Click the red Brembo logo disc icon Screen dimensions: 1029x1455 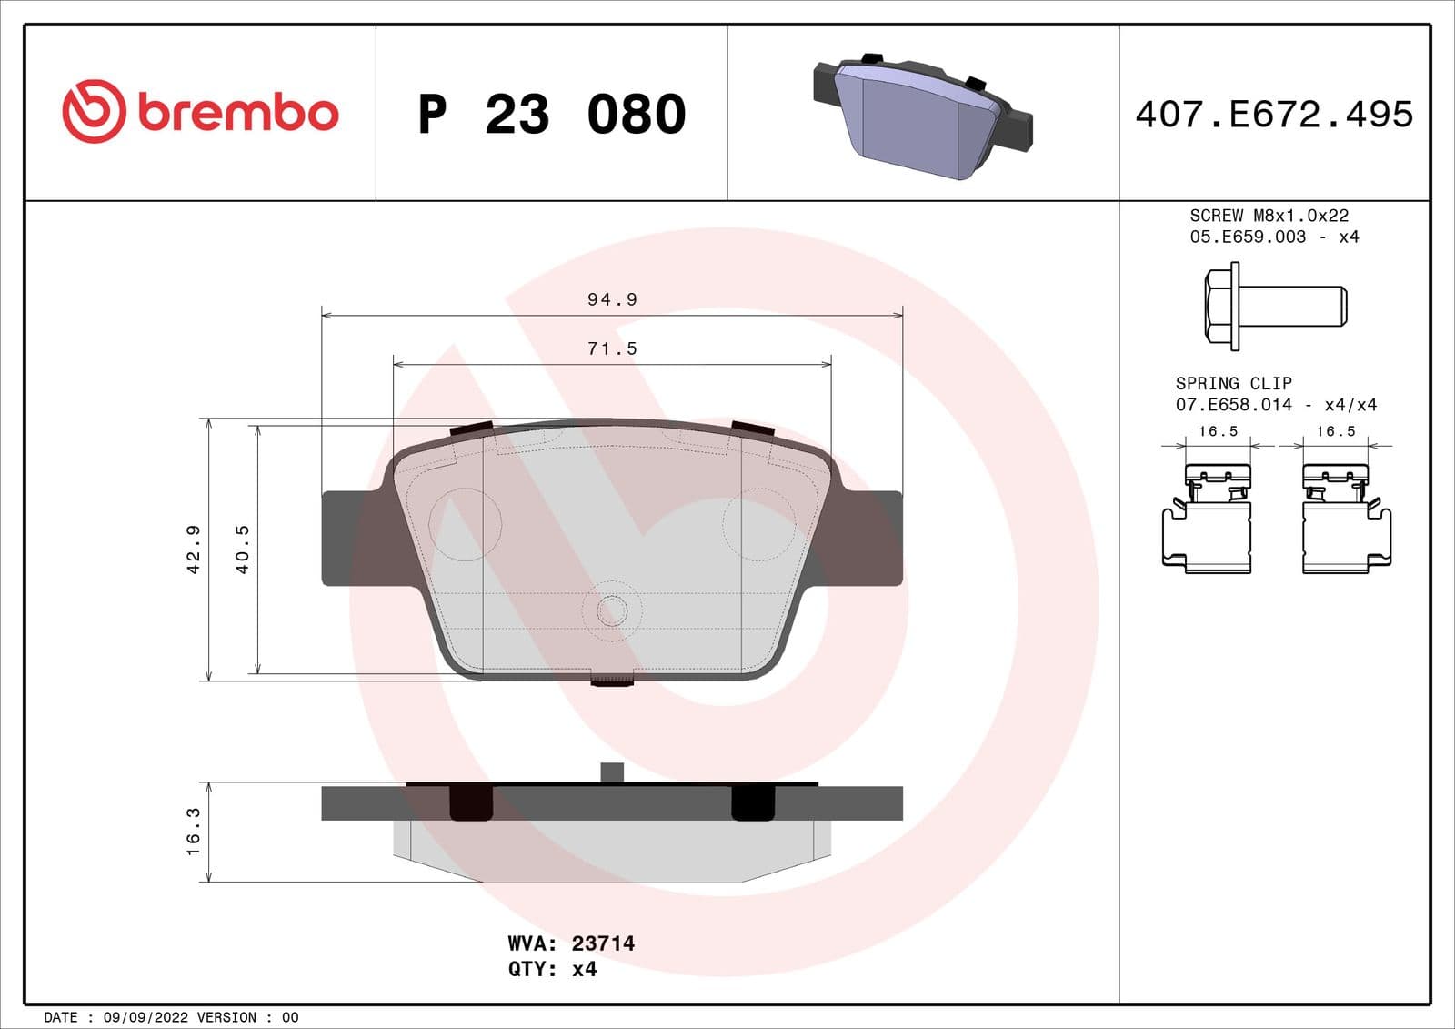pyautogui.click(x=93, y=111)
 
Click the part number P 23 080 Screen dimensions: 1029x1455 pyautogui.click(x=551, y=115)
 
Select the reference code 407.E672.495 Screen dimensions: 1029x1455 pyautogui.click(x=1273, y=115)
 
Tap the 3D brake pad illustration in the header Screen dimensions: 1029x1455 pyautogui.click(x=922, y=115)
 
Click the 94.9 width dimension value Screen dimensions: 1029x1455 pyautogui.click(x=612, y=299)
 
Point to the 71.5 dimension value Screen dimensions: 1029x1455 pyautogui.click(x=612, y=348)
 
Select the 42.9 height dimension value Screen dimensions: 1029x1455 pyautogui.click(x=193, y=550)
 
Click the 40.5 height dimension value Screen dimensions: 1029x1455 pyautogui.click(x=242, y=550)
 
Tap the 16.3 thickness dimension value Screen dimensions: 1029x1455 pyautogui.click(x=193, y=832)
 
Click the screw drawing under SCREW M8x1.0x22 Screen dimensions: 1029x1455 pyautogui.click(x=1275, y=306)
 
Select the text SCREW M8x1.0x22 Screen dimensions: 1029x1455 pyautogui.click(x=1269, y=216)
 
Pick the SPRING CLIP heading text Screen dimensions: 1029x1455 pyautogui.click(x=1233, y=383)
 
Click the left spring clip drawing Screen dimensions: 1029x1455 pyautogui.click(x=1208, y=519)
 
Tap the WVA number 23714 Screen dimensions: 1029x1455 pyautogui.click(x=603, y=943)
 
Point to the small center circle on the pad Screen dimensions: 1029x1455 pyautogui.click(x=612, y=610)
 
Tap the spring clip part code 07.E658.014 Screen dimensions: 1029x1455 pyautogui.click(x=1233, y=405)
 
